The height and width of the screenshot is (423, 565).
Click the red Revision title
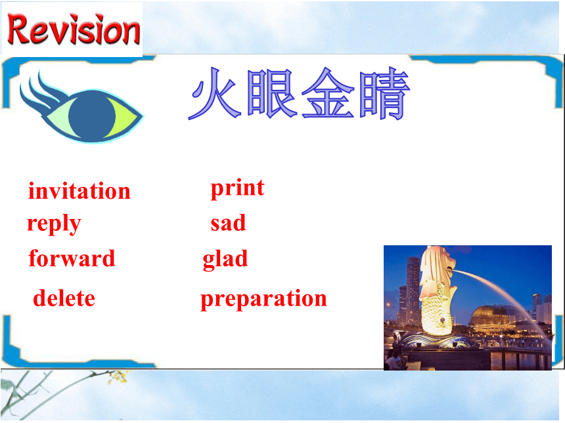tap(74, 30)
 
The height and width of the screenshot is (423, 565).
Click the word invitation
tap(79, 191)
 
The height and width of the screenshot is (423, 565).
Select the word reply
tap(54, 224)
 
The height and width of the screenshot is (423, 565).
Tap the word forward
tap(72, 258)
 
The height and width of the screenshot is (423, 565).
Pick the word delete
tap(64, 298)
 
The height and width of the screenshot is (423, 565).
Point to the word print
tap(237, 188)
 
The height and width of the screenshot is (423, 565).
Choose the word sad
tap(228, 223)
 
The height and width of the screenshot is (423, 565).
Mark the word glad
tap(225, 259)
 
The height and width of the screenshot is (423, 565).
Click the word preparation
tap(263, 299)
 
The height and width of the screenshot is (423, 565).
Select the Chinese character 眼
tap(273, 94)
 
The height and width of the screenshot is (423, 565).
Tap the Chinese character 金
tap(328, 93)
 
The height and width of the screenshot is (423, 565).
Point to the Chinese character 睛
tap(384, 94)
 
